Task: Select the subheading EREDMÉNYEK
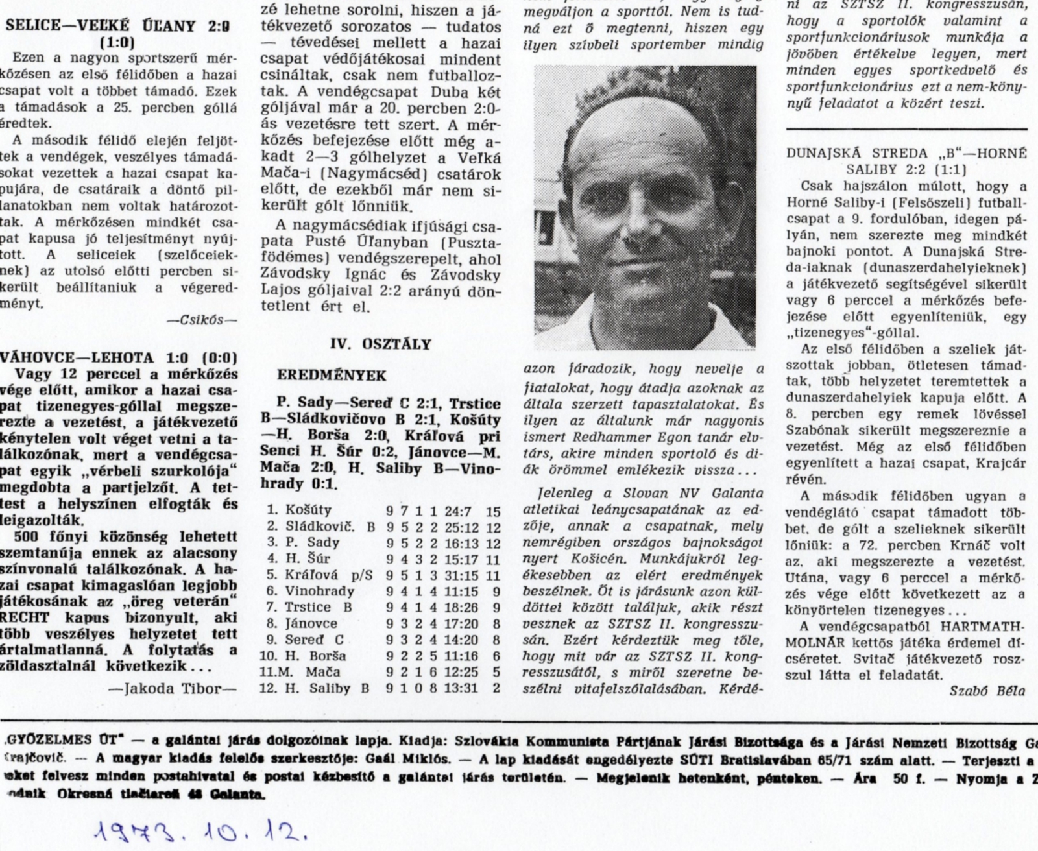[332, 376]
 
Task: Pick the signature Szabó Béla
[987, 691]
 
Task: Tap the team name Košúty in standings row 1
[309, 510]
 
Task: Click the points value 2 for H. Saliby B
[496, 688]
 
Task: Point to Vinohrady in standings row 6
[320, 591]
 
